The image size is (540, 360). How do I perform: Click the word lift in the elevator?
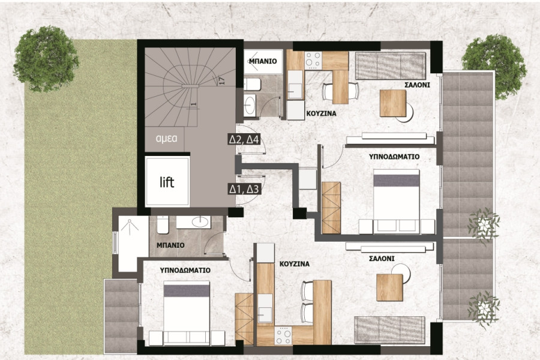coord(167,182)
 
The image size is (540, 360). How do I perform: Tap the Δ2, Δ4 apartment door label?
coord(244,140)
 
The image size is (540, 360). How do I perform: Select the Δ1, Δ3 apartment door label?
coord(244,189)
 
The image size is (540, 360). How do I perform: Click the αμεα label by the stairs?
coord(167,139)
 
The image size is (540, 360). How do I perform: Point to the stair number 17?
coord(222,81)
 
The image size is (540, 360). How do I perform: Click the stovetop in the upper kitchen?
coord(313,59)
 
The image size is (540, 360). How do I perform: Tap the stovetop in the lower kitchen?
coord(283,335)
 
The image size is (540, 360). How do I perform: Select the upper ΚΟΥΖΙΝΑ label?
coord(322,113)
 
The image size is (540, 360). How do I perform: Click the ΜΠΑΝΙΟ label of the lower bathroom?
coord(170,245)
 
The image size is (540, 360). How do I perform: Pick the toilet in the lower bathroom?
coord(163,224)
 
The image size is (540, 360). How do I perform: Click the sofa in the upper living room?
coord(390,65)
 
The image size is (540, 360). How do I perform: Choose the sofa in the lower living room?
coord(389,329)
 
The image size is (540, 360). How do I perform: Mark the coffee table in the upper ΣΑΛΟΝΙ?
coord(393,103)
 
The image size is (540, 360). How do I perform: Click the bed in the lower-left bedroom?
coord(187,313)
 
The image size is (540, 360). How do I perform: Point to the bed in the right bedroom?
coord(397,202)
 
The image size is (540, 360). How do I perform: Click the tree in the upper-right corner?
coord(494,67)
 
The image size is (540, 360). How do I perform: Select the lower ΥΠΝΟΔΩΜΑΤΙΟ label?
coord(185,270)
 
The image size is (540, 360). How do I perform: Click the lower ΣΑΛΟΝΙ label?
coord(382,259)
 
